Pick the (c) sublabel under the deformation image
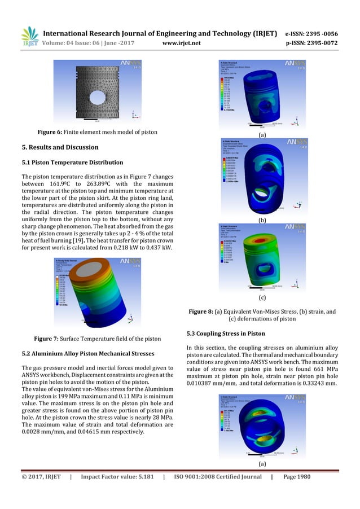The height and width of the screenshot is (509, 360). (262, 297)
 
